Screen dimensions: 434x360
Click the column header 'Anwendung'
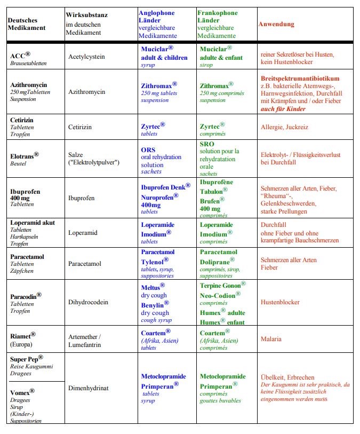pyautogui.click(x=276, y=24)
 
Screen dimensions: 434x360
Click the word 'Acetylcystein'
pyautogui.click(x=86, y=56)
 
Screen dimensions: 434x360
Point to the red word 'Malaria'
pyautogui.click(x=271, y=339)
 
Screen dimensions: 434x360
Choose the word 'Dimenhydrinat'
pyautogui.click(x=89, y=388)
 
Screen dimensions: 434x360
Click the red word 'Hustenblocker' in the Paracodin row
pyautogui.click(x=280, y=302)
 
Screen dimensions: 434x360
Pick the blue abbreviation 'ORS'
pyautogui.click(x=148, y=149)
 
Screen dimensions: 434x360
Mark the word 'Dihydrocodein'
pyautogui.click(x=88, y=302)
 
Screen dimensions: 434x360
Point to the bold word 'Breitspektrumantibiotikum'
pyautogui.click(x=300, y=78)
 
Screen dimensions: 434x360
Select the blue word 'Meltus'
pyautogui.click(x=153, y=287)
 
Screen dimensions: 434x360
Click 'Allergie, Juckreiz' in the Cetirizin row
pyautogui.click(x=284, y=127)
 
